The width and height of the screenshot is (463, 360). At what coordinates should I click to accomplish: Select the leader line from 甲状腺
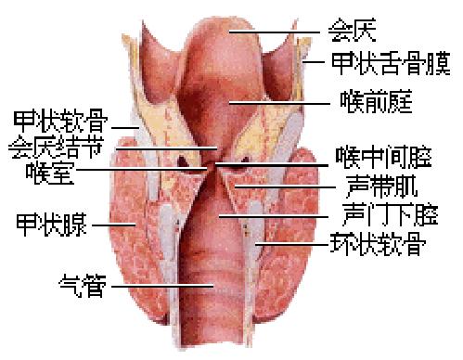[x=113, y=224]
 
